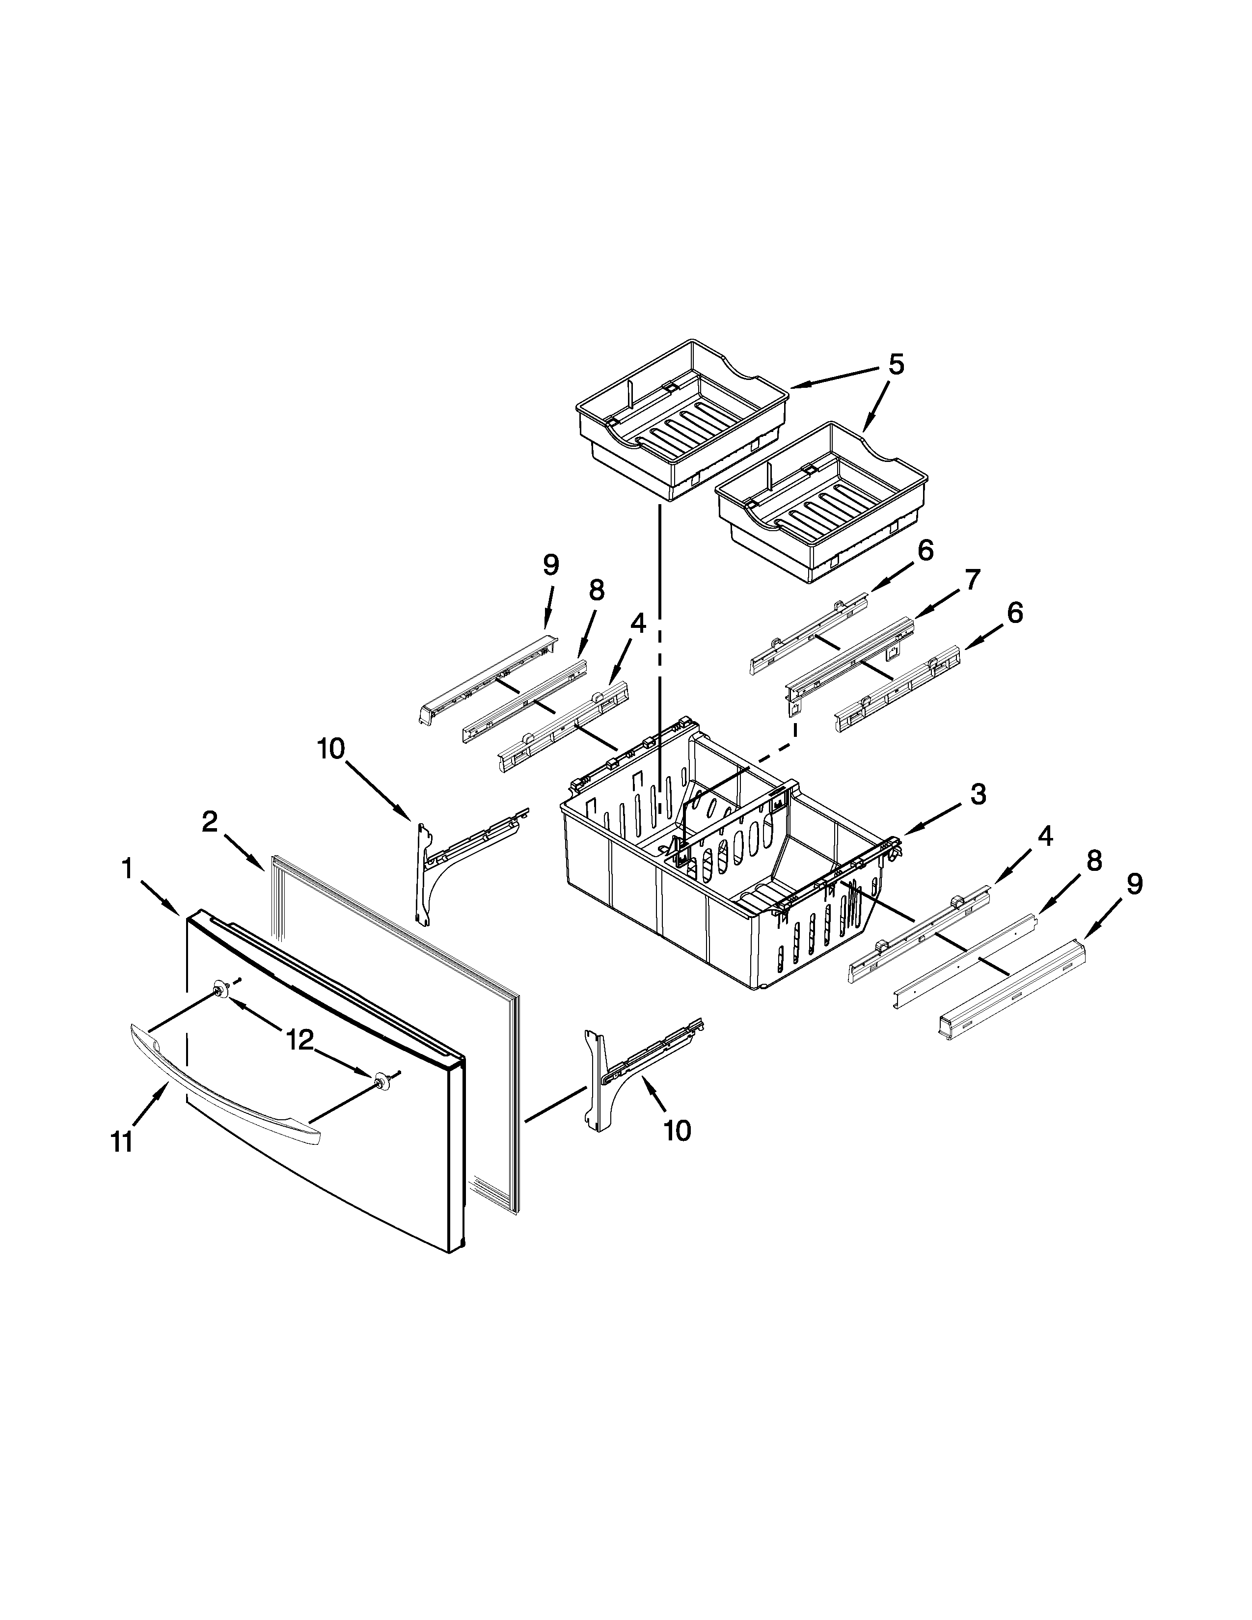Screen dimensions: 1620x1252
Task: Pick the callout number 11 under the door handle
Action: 122,1142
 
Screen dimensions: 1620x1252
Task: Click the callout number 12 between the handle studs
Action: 301,1041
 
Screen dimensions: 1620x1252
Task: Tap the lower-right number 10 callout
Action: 677,1131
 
